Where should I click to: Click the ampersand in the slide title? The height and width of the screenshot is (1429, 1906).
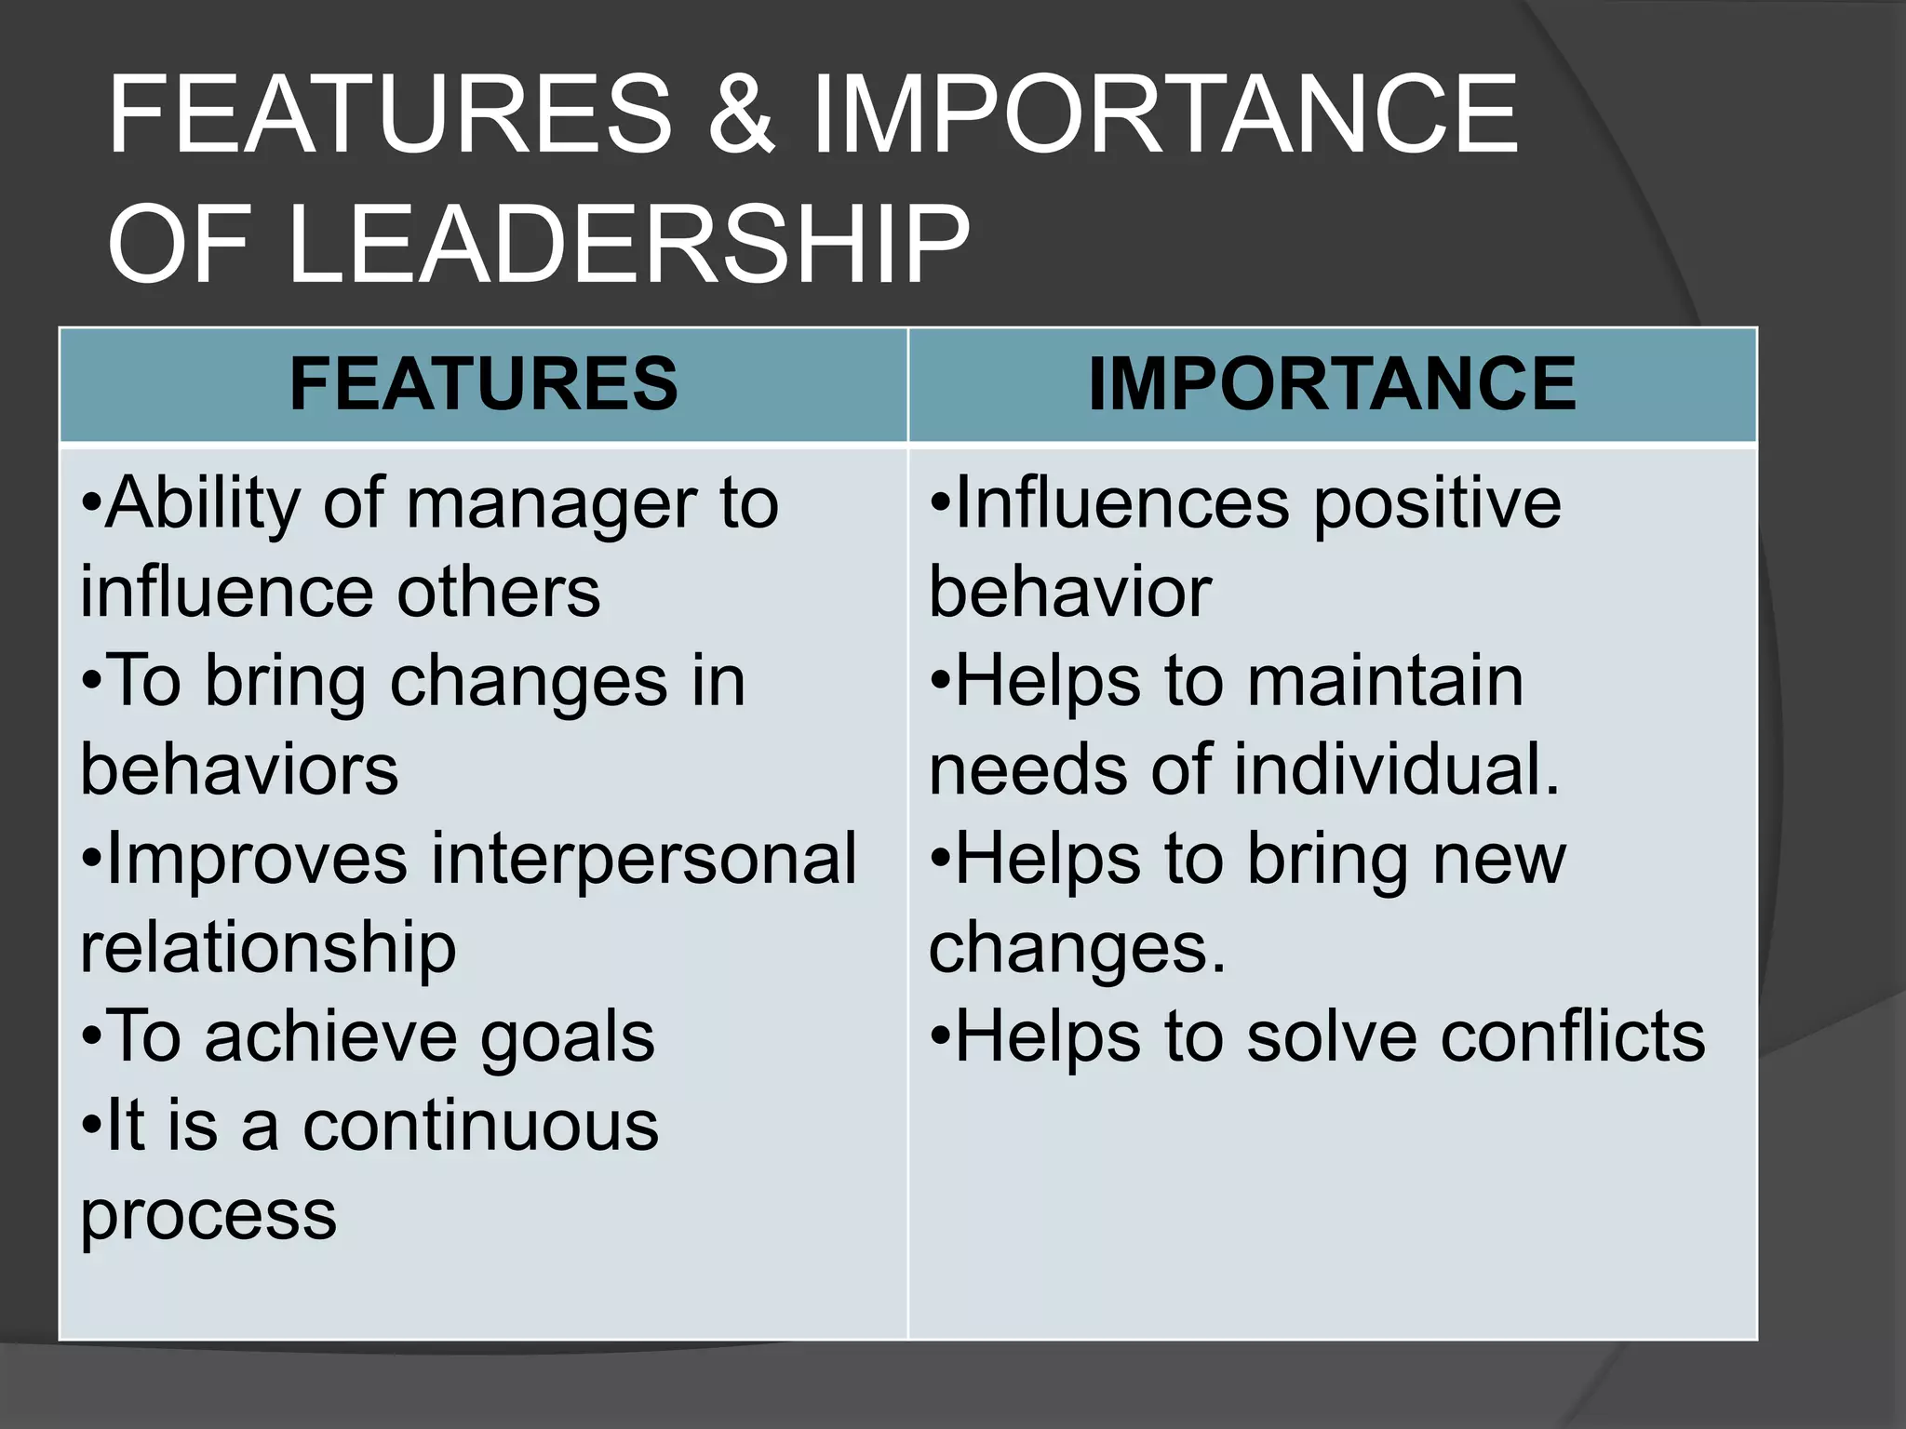point(742,115)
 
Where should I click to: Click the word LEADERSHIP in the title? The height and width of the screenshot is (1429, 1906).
point(629,245)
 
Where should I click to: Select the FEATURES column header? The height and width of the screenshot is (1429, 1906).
point(483,384)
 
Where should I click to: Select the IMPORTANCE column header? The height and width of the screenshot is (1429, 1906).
point(1332,384)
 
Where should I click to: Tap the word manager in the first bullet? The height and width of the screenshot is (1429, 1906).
point(552,505)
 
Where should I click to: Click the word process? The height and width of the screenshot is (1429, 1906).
point(208,1215)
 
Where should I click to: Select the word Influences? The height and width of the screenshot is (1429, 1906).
point(1122,505)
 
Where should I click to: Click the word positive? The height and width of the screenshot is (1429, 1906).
point(1437,505)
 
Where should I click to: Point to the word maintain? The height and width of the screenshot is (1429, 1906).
point(1385,682)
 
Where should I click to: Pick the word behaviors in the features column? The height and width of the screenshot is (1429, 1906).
point(239,770)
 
